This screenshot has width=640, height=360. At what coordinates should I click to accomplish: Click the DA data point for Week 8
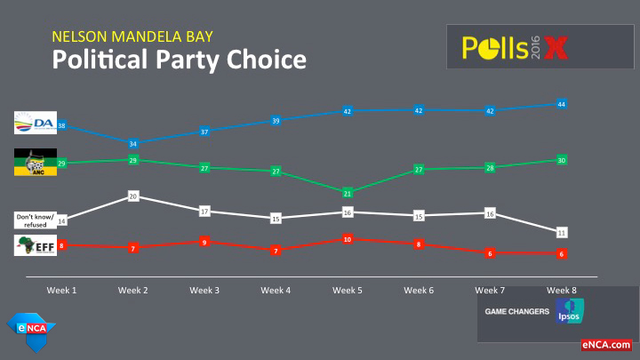(562, 104)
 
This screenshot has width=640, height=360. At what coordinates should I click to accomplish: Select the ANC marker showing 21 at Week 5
(348, 193)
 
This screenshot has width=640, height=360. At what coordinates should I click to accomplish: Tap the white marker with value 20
(133, 195)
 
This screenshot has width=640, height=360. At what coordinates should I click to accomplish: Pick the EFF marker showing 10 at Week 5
(348, 239)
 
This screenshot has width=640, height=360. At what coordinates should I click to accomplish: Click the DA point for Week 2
(133, 143)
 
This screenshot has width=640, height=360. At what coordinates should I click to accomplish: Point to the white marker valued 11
(562, 232)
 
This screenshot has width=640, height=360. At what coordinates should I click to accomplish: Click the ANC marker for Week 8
(562, 160)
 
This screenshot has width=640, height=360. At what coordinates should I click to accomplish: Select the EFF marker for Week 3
(204, 242)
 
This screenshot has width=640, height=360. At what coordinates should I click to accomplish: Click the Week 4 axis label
(276, 291)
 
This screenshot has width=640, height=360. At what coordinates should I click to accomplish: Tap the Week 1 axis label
(62, 291)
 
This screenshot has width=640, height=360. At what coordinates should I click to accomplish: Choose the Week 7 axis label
(491, 291)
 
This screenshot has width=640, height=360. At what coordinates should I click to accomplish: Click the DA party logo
(35, 124)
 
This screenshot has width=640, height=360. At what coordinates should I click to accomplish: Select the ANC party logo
(35, 163)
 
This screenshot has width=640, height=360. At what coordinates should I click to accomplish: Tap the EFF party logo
(35, 246)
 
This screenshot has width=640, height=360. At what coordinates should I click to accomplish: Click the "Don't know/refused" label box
(35, 220)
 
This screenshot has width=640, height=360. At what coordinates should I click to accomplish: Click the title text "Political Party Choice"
(179, 60)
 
